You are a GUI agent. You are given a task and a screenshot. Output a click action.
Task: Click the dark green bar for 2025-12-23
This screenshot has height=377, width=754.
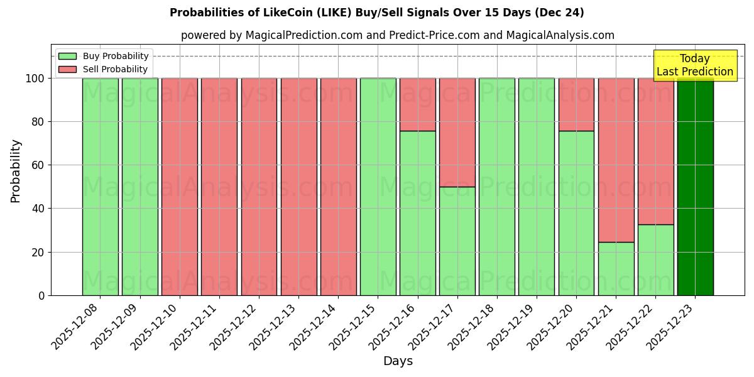[695, 187]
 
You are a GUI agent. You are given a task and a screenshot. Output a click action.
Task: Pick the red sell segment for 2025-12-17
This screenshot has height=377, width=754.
[457, 132]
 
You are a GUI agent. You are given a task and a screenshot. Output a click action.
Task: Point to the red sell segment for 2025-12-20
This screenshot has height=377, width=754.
[576, 104]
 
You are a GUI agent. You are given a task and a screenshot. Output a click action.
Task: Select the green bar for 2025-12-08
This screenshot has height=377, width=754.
[101, 187]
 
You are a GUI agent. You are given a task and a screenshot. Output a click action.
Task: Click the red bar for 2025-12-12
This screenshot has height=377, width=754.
[259, 187]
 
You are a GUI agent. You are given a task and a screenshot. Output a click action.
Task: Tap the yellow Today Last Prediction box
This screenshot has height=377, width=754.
[695, 65]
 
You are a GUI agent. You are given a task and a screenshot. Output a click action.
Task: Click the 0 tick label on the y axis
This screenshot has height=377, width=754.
[41, 295]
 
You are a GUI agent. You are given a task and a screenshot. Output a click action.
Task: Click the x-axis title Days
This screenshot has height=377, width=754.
[398, 361]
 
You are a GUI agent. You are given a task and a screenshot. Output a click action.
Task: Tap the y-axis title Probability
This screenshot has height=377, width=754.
[16, 171]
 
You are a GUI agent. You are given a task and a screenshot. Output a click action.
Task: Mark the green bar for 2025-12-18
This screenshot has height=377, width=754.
[497, 187]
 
